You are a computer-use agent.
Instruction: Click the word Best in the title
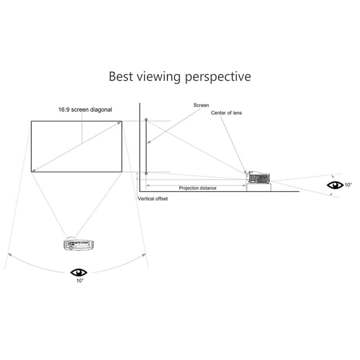pos(121,76)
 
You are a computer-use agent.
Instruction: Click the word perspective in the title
pos(218,77)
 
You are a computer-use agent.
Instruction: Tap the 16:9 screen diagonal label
pos(85,110)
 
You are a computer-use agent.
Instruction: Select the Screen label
pos(201,105)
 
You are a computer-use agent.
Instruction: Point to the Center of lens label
pos(226,113)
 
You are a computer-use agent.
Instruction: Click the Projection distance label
pos(198,188)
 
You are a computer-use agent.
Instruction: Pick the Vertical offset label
pos(153,198)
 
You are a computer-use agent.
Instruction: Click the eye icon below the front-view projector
pos(79,273)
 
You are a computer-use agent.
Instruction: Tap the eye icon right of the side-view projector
pos(335,185)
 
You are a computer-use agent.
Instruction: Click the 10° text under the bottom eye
pos(80,280)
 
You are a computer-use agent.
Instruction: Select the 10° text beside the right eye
pos(348,185)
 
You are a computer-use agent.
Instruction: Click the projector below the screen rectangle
pos(78,244)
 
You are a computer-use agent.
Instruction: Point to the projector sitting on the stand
pos(258,177)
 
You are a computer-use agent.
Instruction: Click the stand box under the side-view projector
pos(259,187)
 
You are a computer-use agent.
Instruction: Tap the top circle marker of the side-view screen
pos(146,120)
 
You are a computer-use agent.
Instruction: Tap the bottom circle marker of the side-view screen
pos(146,173)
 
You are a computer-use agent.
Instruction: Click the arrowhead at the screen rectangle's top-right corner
pos(119,123)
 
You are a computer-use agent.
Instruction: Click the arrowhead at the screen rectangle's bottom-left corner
pos(34,170)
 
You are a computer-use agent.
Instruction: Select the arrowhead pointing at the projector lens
pos(245,173)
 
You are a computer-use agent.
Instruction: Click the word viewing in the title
pos(159,77)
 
